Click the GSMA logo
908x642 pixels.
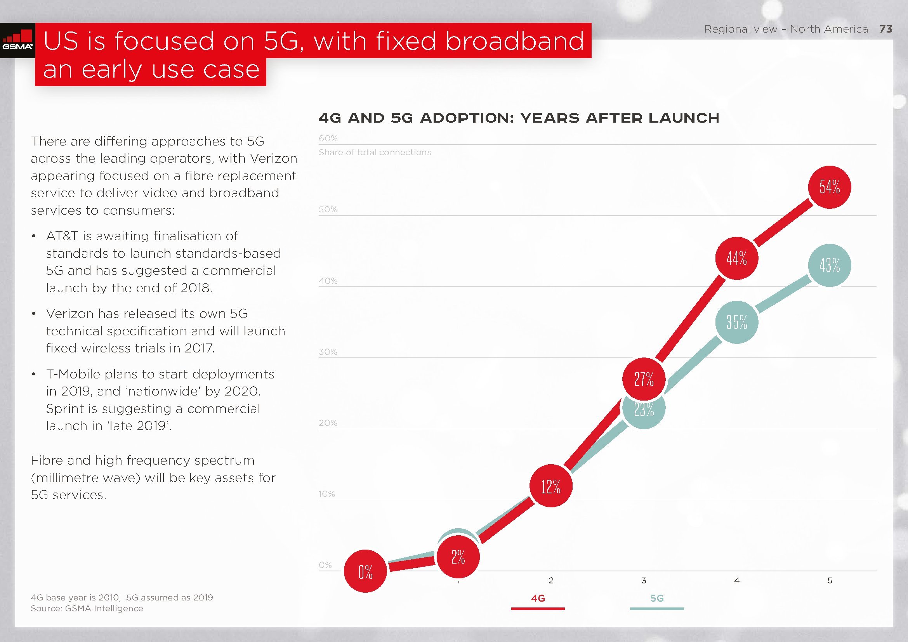coord(17,40)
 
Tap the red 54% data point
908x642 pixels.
coord(829,187)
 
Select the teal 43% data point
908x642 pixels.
coord(829,265)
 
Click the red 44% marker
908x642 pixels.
coord(736,258)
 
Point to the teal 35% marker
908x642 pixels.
coord(736,322)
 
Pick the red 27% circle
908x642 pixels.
coord(644,379)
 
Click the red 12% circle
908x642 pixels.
coord(551,486)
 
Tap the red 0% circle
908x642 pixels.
coord(365,571)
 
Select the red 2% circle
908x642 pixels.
coord(458,557)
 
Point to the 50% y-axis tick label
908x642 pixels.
coord(328,210)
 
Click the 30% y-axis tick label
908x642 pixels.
coord(328,352)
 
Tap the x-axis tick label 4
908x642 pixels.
coord(736,580)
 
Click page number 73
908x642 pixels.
coord(886,29)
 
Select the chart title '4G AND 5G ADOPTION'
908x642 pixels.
coord(519,118)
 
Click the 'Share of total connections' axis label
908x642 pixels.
coord(375,152)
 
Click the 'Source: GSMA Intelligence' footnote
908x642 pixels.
coord(87,608)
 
